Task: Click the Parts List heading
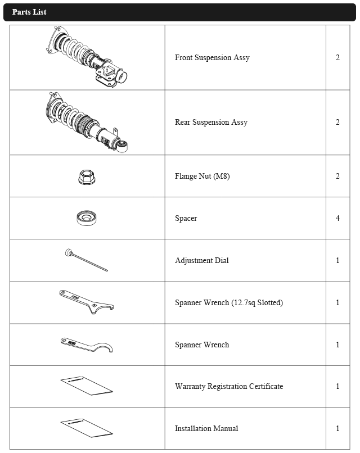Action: coord(29,12)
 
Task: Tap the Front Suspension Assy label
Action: coord(212,58)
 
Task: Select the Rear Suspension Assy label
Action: coord(211,123)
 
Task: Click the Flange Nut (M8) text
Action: coord(202,176)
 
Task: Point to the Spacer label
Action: coord(186,218)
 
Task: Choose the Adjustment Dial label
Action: coord(201,261)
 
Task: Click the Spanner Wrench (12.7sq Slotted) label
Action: coord(228,303)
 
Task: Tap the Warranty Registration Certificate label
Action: coord(228,387)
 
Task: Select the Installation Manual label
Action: coord(206,429)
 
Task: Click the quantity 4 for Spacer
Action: coord(337,218)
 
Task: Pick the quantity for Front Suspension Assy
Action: coord(337,58)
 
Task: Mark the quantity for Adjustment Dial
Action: coord(337,261)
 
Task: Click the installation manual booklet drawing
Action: coord(87,427)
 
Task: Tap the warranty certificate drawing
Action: coord(87,385)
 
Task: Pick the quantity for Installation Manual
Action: coord(337,429)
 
